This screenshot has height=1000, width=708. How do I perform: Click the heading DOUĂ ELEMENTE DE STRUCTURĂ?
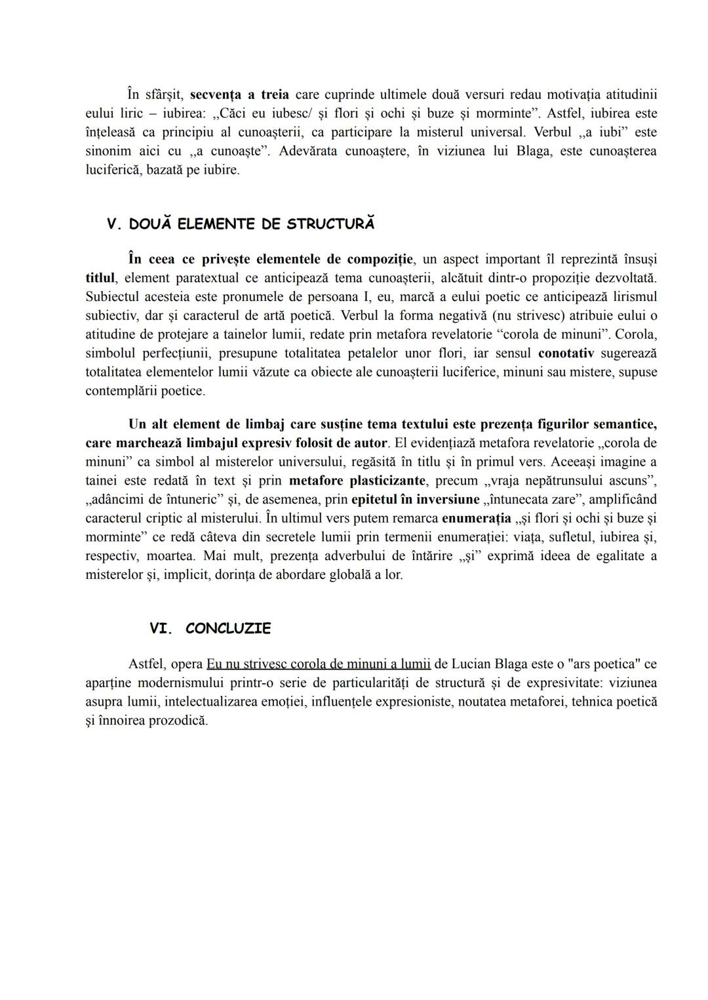252,224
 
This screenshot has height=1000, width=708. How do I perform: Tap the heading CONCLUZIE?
228,628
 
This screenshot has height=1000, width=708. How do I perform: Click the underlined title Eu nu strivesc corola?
318,664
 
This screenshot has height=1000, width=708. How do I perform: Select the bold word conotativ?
566,353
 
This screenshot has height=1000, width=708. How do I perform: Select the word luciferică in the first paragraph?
112,170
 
